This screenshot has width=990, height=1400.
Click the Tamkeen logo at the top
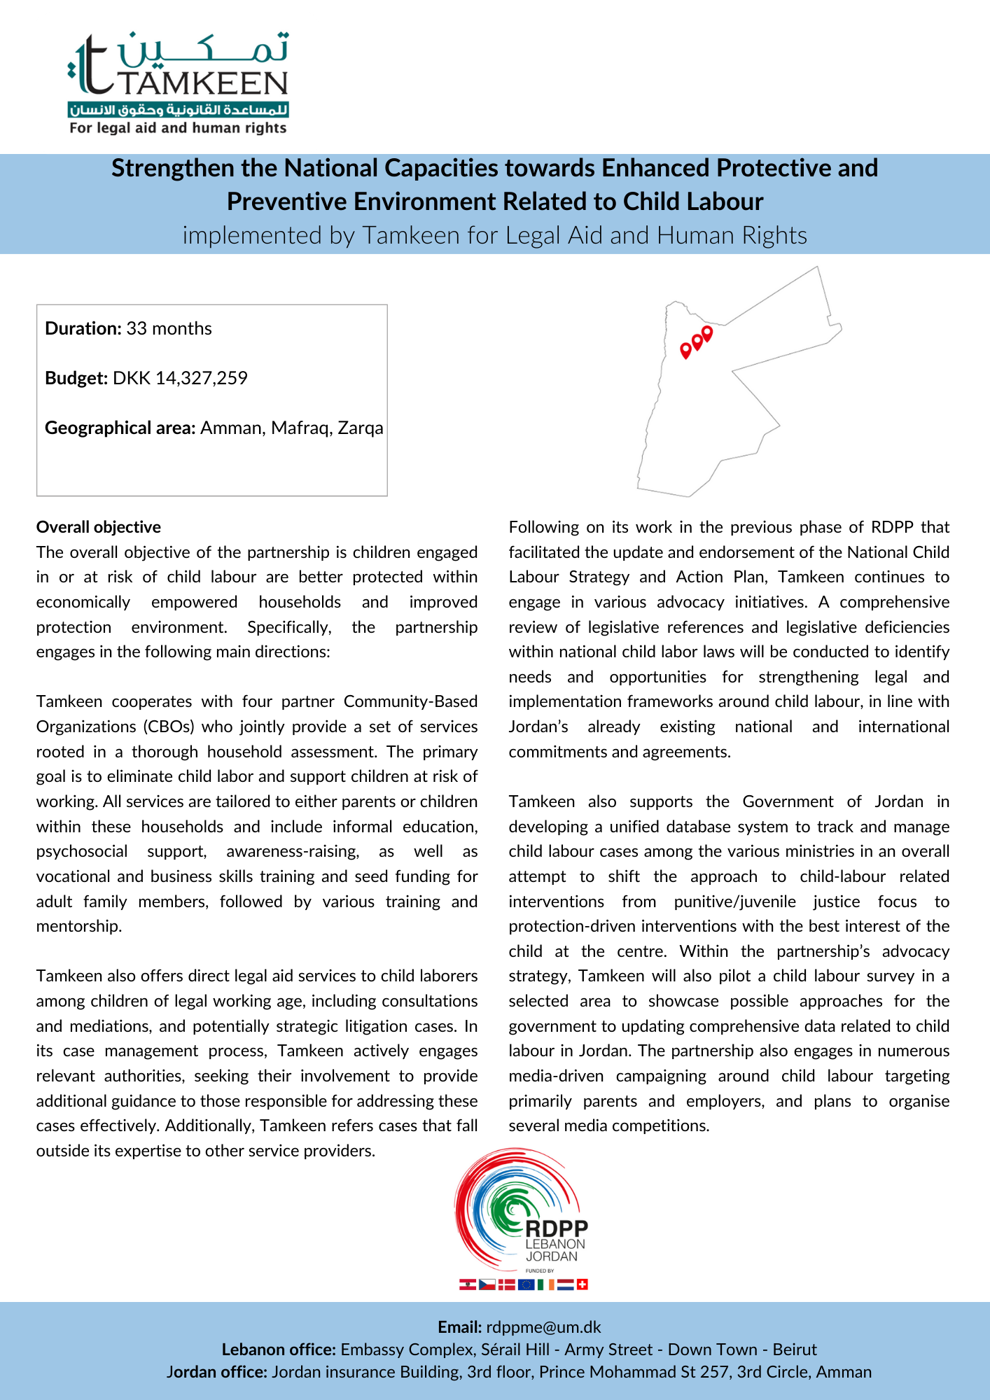coord(179,83)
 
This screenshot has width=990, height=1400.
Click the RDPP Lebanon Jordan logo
coord(522,1211)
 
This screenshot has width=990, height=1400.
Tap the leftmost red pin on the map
coord(685,349)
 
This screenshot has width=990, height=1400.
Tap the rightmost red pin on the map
coord(707,332)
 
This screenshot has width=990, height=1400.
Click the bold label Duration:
coord(83,328)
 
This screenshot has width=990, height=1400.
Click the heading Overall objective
coord(99,527)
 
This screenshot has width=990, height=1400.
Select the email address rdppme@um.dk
coord(543,1327)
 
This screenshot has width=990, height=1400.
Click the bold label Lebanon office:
coord(279,1350)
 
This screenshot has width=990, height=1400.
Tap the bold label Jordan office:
coord(217,1372)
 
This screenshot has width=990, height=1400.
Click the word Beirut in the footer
coord(795,1350)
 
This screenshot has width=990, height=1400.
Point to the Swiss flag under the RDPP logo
coord(583,1284)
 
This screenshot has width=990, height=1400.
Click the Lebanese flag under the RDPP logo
coord(467,1284)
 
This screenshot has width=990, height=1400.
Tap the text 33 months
coord(169,328)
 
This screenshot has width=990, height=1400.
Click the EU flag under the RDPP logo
coord(526,1284)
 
